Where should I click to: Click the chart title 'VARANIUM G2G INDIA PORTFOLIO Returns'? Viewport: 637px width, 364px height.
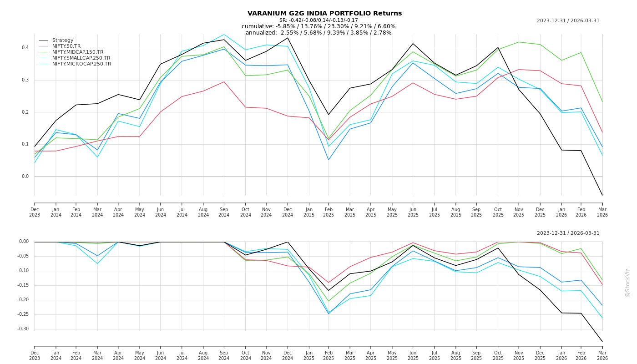[x=324, y=13]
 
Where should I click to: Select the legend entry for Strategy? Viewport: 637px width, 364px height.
[x=62, y=40]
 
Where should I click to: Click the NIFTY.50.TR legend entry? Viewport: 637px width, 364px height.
[x=66, y=46]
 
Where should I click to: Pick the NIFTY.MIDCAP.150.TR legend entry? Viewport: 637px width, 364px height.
[x=77, y=52]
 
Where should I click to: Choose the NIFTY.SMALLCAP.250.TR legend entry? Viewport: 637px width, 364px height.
[x=81, y=58]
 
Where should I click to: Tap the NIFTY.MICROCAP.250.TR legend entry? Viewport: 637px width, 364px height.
[x=81, y=64]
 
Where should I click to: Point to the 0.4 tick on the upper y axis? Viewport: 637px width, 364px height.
[x=25, y=48]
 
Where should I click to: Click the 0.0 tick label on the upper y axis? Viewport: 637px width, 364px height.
[x=25, y=177]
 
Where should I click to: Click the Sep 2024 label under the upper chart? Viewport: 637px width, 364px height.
[x=224, y=212]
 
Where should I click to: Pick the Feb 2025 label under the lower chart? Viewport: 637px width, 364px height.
[x=329, y=355]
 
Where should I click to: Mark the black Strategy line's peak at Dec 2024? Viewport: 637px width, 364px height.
[x=288, y=37]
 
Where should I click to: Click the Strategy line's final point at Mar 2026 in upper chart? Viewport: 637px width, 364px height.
[x=602, y=196]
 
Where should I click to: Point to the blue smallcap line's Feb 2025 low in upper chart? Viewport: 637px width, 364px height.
[x=329, y=160]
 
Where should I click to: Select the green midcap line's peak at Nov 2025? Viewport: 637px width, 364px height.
[x=519, y=42]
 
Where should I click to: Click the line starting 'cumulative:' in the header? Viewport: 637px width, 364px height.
[x=318, y=26]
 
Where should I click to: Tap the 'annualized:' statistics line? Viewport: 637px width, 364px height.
[x=318, y=33]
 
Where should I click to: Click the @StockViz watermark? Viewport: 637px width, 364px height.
[x=627, y=283]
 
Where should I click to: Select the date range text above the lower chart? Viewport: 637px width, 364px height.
[x=568, y=233]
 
